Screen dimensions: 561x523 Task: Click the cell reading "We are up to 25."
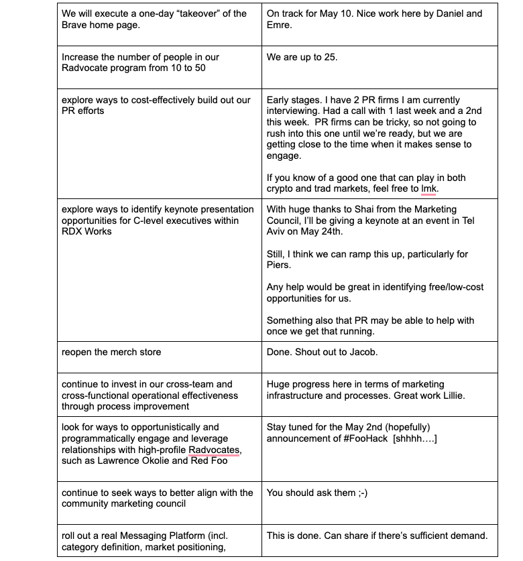point(302,58)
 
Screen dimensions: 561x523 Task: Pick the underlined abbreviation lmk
point(428,189)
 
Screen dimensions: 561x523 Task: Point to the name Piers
point(280,265)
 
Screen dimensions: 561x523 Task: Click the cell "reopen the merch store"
point(111,352)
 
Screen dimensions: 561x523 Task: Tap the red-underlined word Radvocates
point(215,449)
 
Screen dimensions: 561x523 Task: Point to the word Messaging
point(151,536)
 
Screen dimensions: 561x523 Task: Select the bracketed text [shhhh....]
point(416,438)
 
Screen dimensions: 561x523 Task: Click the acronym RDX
point(74,232)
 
